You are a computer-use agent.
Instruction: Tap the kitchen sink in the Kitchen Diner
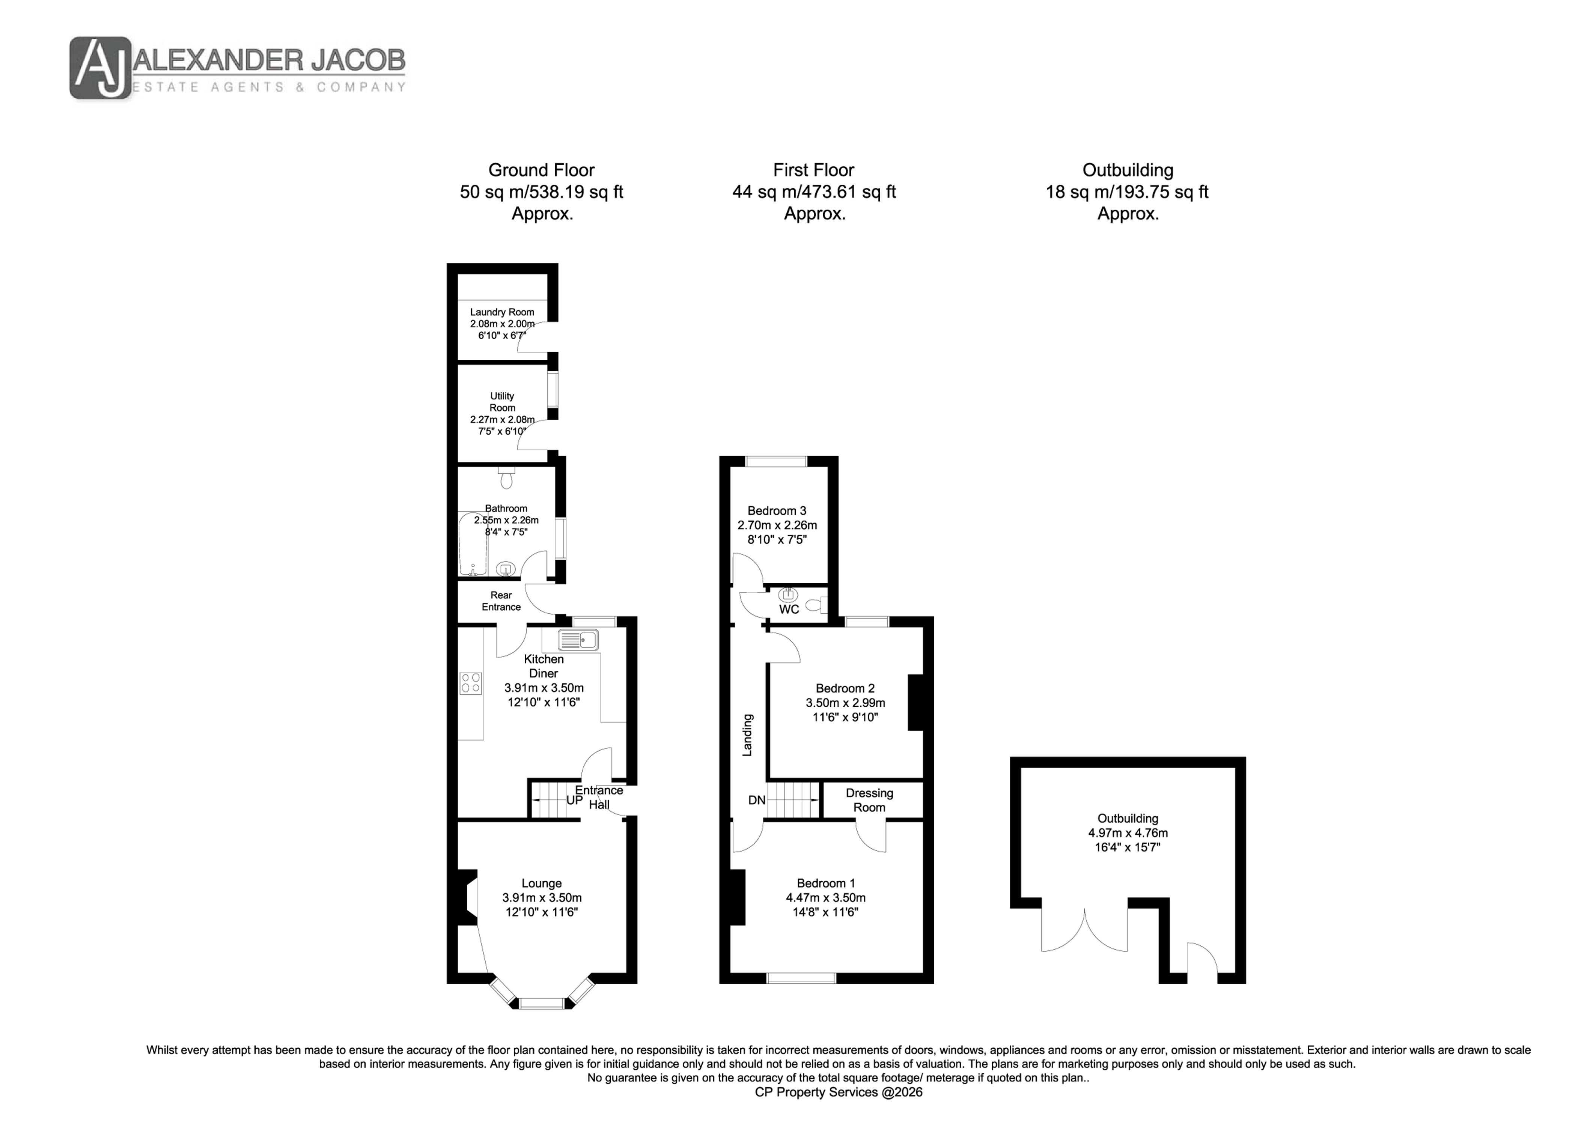[579, 640]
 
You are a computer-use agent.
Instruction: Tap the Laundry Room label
[502, 312]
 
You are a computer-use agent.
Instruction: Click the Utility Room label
[502, 402]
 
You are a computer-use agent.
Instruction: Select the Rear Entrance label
[501, 601]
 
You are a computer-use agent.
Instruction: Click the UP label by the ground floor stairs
[575, 800]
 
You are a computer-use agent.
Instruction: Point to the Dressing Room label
[869, 800]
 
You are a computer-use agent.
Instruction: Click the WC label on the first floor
[789, 609]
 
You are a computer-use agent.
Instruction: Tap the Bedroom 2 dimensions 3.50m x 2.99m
[845, 703]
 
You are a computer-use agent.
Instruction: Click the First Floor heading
[814, 170]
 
